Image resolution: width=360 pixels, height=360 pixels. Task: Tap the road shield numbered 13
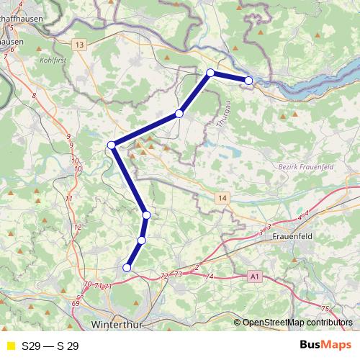tap(79, 45)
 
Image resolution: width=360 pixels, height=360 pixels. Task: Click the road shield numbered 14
tap(223, 197)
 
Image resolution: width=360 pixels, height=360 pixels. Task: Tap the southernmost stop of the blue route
tap(127, 268)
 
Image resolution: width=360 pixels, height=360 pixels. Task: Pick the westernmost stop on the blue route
tap(112, 145)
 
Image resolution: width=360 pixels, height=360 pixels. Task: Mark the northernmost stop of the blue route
tap(210, 73)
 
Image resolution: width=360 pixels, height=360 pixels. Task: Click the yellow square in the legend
tap(10, 346)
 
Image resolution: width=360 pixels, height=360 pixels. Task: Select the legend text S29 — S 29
tap(50, 346)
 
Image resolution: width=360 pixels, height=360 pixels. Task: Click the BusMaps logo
tap(325, 346)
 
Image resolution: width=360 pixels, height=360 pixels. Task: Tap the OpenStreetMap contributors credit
tap(297, 323)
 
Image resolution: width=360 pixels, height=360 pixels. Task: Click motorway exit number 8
tap(33, 95)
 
